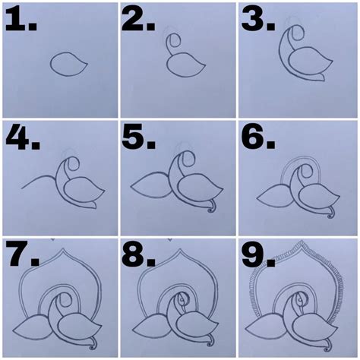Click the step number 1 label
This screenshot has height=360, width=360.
pos(21,19)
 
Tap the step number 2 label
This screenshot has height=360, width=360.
pos(138,19)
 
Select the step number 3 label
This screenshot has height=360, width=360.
pos(258,19)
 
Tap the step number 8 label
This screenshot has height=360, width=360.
pos(138,254)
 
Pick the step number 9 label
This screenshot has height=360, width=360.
pos(258,254)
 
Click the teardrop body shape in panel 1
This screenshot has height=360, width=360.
pos(68,64)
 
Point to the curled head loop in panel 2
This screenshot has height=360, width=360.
pos(174,41)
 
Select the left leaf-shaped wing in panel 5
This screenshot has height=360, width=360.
pos(151,185)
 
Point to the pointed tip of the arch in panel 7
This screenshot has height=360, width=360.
pos(63,249)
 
